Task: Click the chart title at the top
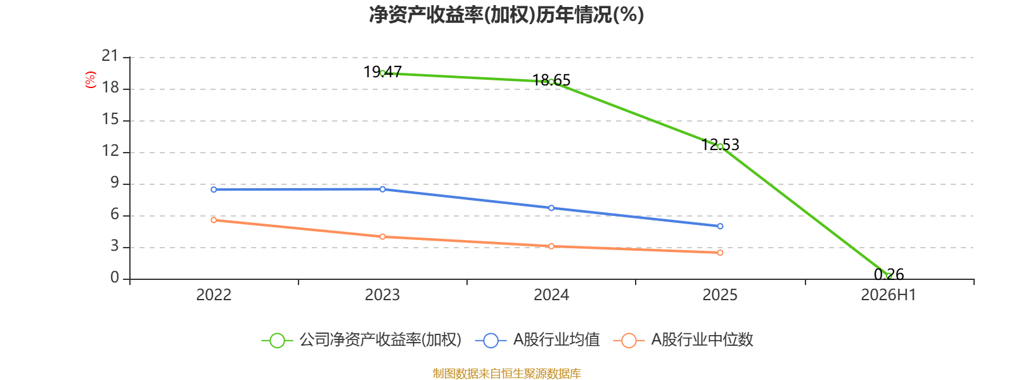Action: [506, 15]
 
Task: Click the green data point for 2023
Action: [383, 73]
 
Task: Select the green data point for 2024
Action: [551, 82]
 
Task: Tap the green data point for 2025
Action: [720, 146]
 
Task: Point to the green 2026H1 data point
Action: [889, 276]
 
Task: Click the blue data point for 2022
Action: [214, 189]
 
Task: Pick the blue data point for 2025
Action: [720, 226]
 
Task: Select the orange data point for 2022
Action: [214, 220]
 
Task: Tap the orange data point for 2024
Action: [551, 246]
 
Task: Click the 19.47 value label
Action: [383, 72]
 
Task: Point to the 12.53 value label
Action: [720, 145]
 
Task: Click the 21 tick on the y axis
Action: [110, 56]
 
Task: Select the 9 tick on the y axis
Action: [115, 182]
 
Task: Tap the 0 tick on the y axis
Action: [115, 277]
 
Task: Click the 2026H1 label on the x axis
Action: [889, 295]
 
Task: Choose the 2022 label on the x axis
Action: [214, 295]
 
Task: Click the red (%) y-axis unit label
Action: [91, 80]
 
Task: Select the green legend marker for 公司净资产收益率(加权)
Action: [277, 340]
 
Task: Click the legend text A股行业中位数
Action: [702, 339]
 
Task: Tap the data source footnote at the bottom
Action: [506, 373]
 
